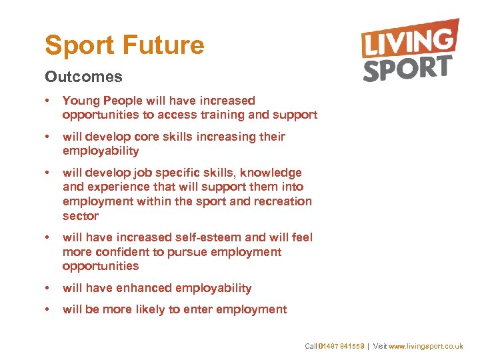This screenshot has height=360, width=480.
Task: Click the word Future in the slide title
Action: pyautogui.click(x=163, y=45)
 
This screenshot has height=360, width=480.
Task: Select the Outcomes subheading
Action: pyautogui.click(x=83, y=77)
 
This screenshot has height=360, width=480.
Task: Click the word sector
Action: pyautogui.click(x=81, y=216)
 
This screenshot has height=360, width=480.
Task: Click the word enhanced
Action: pyautogui.click(x=145, y=288)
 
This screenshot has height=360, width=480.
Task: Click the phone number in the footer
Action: pyautogui.click(x=342, y=347)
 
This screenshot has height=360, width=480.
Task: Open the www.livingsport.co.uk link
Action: pyautogui.click(x=426, y=347)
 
